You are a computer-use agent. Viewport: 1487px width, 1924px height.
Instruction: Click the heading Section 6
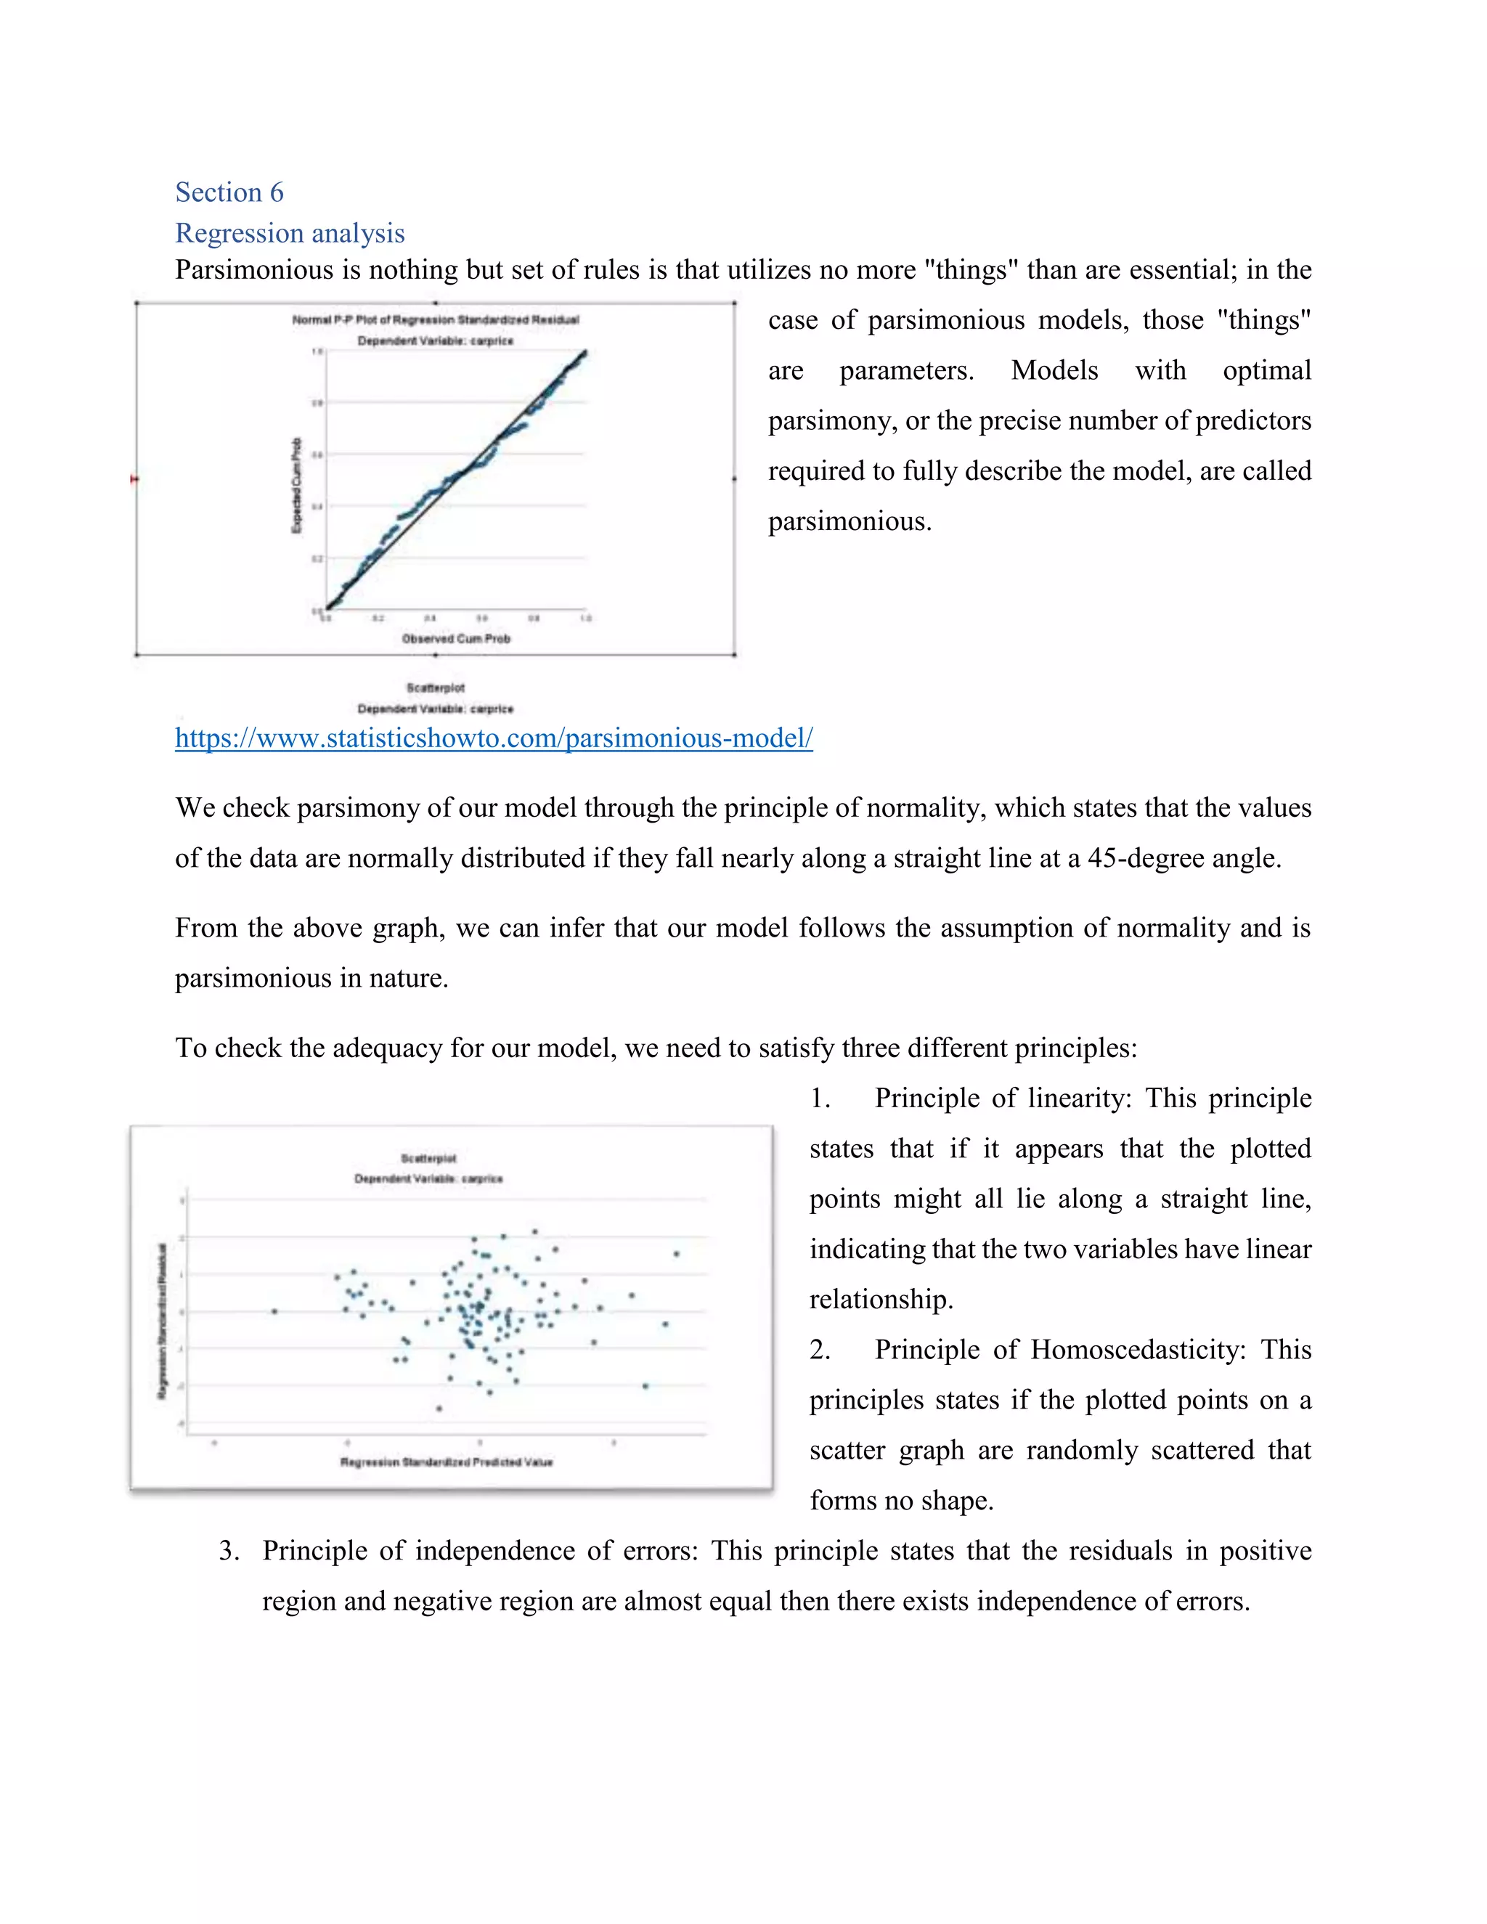pos(229,192)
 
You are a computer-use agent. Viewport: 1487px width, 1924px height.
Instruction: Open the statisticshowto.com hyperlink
pos(493,738)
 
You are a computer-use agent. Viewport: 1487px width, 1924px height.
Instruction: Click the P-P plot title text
pos(435,319)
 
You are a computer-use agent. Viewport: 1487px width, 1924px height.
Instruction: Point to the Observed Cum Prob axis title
pos(455,639)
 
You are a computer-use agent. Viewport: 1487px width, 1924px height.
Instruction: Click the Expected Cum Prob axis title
pos(297,486)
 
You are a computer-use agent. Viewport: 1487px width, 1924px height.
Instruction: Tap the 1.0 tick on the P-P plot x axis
pos(586,619)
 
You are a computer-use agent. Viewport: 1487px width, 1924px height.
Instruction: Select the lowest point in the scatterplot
pos(439,1408)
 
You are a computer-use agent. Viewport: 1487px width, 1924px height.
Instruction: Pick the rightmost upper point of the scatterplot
pos(676,1254)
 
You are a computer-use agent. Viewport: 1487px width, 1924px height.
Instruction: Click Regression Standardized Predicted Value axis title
pos(446,1462)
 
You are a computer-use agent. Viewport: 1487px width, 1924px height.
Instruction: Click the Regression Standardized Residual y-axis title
pos(161,1320)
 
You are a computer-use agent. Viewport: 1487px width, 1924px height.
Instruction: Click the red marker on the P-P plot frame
pos(134,479)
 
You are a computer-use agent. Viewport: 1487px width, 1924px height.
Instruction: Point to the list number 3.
pos(228,1551)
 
